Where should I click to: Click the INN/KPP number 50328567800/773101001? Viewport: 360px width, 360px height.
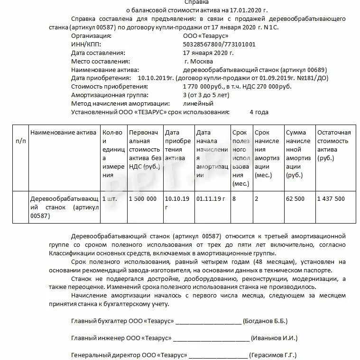(219, 44)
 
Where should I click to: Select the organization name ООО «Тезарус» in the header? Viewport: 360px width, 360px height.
(205, 36)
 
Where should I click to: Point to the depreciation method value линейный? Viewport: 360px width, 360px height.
(198, 103)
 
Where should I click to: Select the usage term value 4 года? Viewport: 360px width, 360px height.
(259, 112)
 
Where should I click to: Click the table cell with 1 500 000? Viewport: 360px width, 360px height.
(143, 199)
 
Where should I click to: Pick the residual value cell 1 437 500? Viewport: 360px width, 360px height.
(331, 199)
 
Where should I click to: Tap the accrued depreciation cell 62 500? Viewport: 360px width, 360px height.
(295, 199)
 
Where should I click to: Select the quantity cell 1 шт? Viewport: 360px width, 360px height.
(110, 199)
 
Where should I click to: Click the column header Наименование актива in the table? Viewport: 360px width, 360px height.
(64, 133)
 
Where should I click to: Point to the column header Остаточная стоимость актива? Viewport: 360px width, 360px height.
(334, 145)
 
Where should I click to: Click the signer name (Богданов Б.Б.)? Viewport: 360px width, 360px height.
(265, 321)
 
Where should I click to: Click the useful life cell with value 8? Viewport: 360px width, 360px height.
(234, 199)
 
